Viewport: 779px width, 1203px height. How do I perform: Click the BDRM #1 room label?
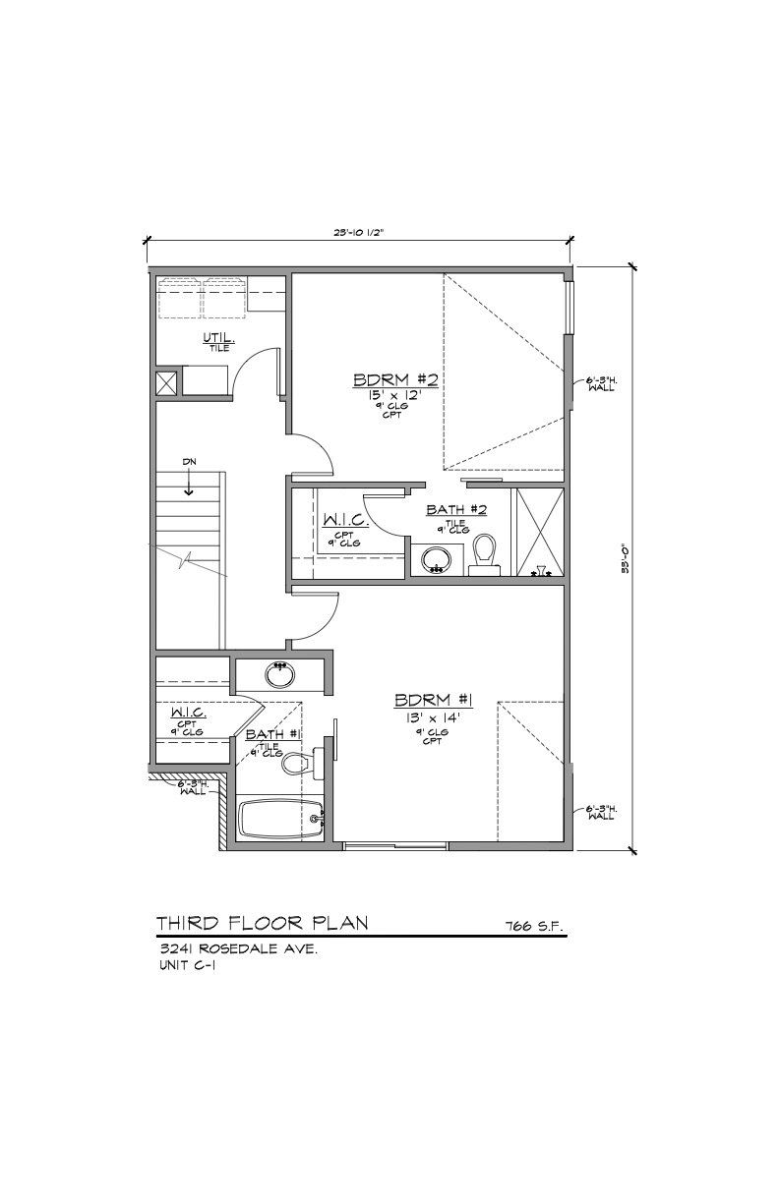[434, 700]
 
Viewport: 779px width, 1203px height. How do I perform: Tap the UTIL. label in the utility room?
[218, 338]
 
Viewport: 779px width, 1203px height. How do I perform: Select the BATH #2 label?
[457, 509]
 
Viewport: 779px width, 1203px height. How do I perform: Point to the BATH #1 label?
[272, 734]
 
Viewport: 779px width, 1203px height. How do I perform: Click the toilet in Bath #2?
[485, 553]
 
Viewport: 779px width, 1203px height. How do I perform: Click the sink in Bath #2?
[436, 559]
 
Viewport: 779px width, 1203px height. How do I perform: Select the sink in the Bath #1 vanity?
[281, 675]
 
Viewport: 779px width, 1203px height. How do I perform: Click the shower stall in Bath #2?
[540, 531]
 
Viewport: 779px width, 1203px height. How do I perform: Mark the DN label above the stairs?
[188, 461]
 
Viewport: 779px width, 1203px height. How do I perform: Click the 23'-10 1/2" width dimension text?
[358, 233]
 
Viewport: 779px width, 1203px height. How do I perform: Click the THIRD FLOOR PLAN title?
[263, 922]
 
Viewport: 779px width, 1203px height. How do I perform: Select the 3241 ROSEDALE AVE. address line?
[237, 950]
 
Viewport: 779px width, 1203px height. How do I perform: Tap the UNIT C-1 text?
[187, 966]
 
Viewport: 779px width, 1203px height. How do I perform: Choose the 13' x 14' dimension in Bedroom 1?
[434, 717]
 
